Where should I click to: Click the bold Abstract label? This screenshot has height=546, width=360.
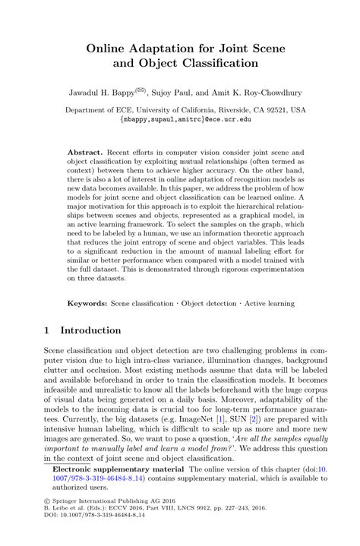pos(85,152)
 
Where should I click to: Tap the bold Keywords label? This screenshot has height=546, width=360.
pos(87,303)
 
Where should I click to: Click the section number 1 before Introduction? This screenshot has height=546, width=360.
pos(47,331)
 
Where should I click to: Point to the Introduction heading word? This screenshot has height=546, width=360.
pos(90,331)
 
